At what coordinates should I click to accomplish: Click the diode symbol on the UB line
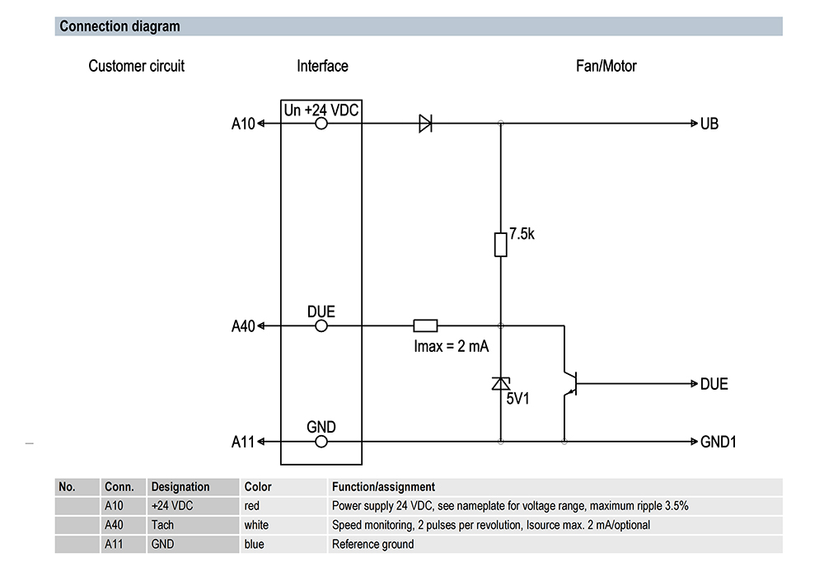tap(426, 124)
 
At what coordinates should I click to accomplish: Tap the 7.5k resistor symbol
tap(501, 245)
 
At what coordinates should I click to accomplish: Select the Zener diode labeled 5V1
tap(501, 384)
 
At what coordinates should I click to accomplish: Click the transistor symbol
tap(570, 383)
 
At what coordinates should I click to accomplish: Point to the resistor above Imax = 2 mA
tap(425, 325)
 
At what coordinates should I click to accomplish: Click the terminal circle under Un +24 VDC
tap(321, 124)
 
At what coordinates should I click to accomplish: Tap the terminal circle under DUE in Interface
tap(321, 325)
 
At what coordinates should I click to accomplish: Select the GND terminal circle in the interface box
tap(321, 442)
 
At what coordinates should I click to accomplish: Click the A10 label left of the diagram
tap(243, 124)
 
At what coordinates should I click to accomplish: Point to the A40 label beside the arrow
tap(243, 326)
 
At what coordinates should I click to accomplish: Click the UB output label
tap(709, 124)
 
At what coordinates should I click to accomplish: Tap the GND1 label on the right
tap(718, 442)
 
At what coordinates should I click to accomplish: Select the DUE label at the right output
tap(714, 384)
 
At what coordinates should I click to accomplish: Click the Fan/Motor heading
tap(606, 66)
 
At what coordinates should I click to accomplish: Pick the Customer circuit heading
tap(136, 66)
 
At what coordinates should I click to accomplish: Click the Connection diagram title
tap(119, 26)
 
